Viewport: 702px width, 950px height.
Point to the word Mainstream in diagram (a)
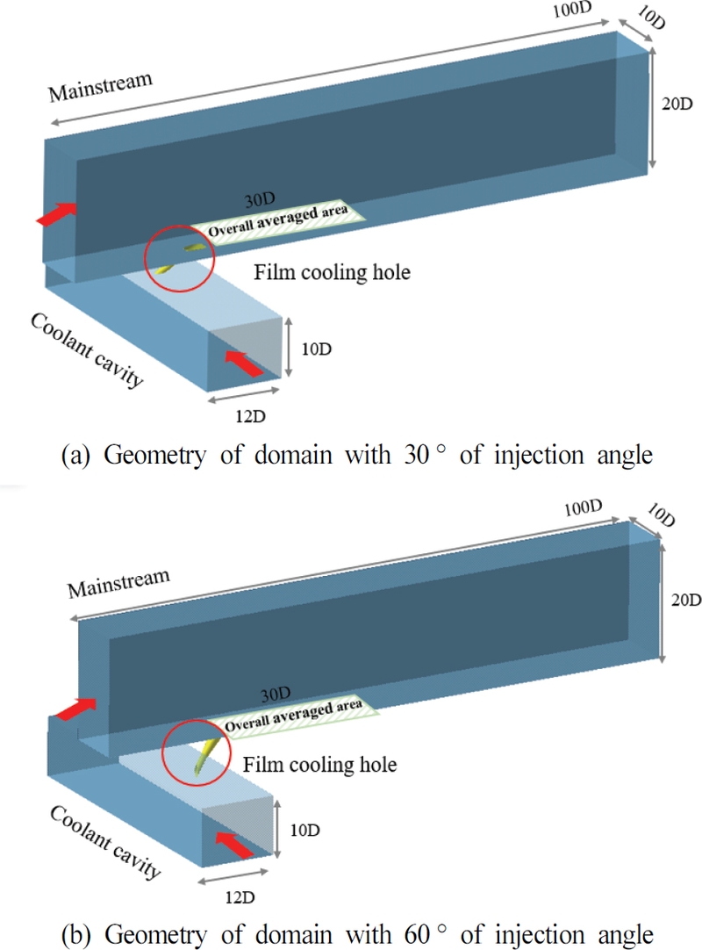pyautogui.click(x=100, y=86)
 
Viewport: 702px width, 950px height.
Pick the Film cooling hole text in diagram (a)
pyautogui.click(x=333, y=272)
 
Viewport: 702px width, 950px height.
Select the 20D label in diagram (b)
pyautogui.click(x=682, y=601)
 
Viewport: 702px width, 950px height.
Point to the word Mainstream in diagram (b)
pyautogui.click(x=118, y=584)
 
